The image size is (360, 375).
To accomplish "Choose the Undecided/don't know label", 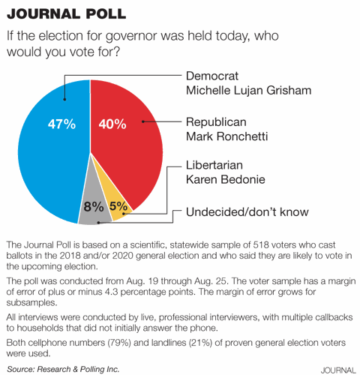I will point(247,212).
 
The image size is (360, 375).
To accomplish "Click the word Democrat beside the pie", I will point(214,76).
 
